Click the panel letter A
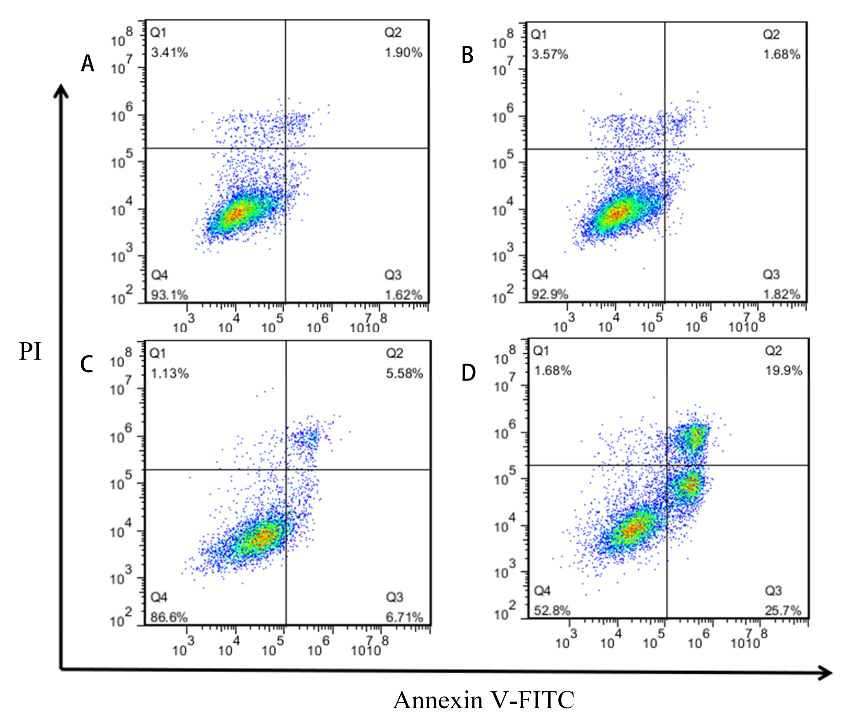coord(88,64)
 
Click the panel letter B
coord(467,55)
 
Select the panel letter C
coord(87,364)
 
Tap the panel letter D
coord(469,373)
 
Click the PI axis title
coord(30,351)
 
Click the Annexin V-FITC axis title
coord(484,700)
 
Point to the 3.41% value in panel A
coord(169,52)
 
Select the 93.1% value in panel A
coord(169,294)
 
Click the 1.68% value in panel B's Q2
coord(782,54)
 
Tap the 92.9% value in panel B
coord(550,294)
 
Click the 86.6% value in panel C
coord(169,617)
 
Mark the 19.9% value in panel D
coord(784,371)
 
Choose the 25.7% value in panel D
coord(783,611)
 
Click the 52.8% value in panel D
coord(552,611)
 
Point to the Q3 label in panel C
coord(395,597)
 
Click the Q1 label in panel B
coord(539,35)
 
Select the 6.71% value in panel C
coord(404,617)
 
